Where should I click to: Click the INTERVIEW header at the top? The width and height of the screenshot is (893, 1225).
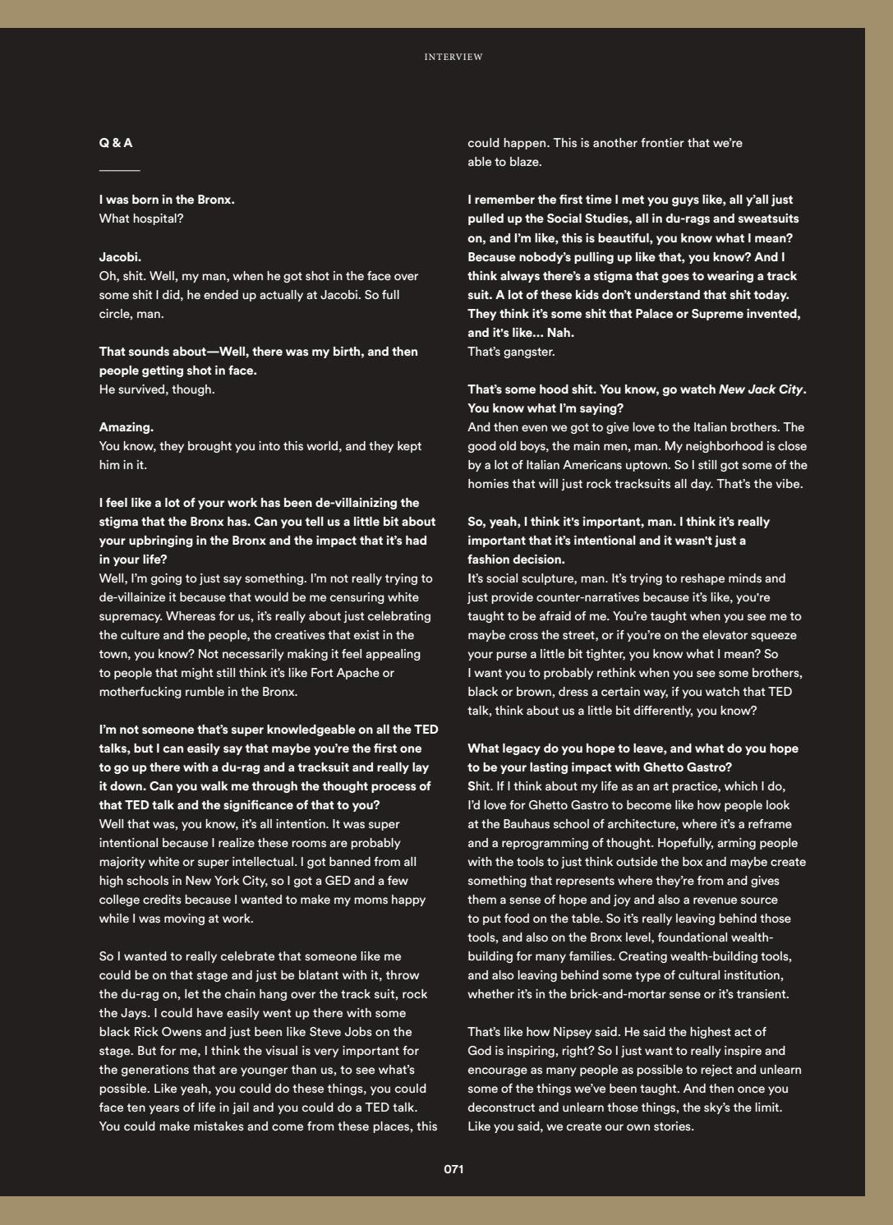453,57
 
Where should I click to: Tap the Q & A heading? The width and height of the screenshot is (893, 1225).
116,143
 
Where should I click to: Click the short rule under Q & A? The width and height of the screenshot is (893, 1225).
119,171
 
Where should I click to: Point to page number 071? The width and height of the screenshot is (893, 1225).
453,1169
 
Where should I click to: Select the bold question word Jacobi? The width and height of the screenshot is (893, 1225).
120,257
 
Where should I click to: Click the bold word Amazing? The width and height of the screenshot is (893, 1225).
126,427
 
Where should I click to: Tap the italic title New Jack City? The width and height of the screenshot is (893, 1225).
761,389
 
